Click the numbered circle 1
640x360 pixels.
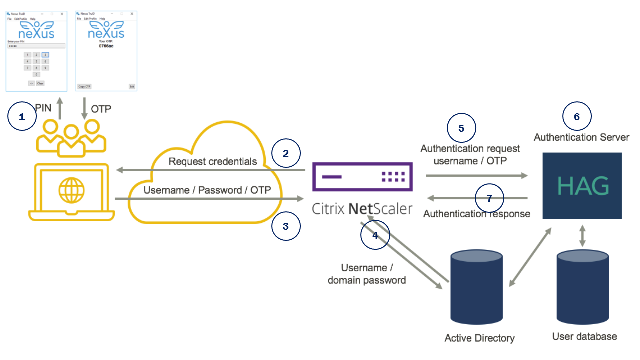coord(22,116)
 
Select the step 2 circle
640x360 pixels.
coord(286,153)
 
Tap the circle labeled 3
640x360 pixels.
coord(286,226)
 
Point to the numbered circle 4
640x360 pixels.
coord(375,234)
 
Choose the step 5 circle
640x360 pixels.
coord(461,128)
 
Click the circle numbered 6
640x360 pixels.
coord(577,117)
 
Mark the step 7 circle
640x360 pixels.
coord(489,198)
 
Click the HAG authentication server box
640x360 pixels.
coord(582,186)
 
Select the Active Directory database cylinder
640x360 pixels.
coord(476,287)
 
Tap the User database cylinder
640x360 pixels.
coord(583,287)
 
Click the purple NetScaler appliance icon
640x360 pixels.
coord(362,177)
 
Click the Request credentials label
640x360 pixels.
coord(213,161)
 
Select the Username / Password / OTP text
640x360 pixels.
coord(207,190)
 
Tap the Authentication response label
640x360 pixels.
coord(476,214)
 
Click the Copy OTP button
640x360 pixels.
coord(84,86)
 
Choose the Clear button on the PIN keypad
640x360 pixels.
coord(40,83)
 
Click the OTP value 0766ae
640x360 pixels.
coord(106,46)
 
